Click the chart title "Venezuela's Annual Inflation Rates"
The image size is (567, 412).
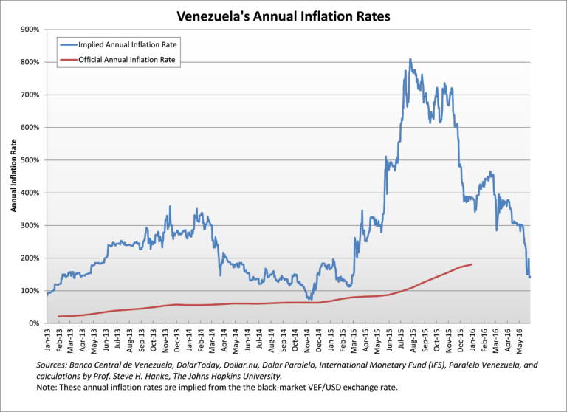coord(283,15)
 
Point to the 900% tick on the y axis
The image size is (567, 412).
coord(30,30)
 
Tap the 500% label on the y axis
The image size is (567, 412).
coord(30,160)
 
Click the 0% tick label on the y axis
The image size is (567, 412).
coord(34,323)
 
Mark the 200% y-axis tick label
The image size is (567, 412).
coord(30,258)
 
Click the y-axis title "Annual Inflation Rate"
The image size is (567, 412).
coord(13,176)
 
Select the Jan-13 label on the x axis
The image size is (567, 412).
coord(47,340)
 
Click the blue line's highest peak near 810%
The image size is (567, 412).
coord(410,60)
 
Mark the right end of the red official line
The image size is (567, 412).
coord(472,264)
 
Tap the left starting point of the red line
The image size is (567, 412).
coord(58,316)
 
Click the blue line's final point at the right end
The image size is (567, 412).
coord(530,277)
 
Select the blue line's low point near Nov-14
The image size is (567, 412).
coord(309,298)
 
